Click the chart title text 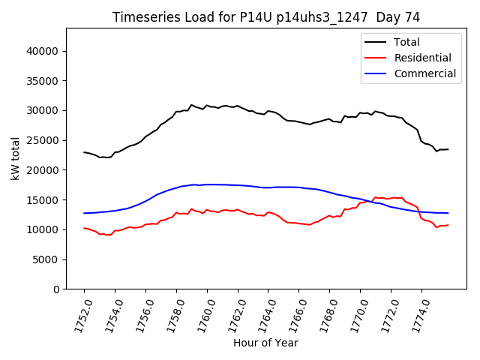[265, 17]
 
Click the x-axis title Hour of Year [265, 343]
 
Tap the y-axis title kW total [16, 158]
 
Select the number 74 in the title [411, 17]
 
